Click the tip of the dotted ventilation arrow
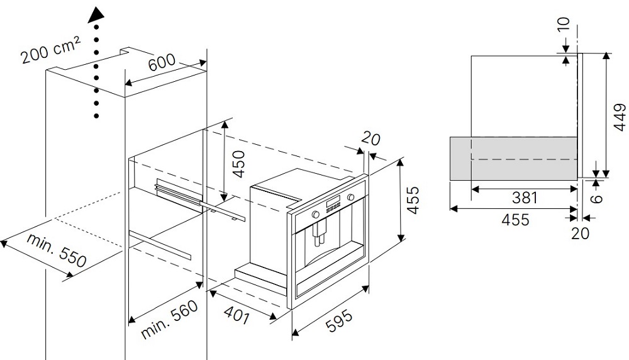point(96,6)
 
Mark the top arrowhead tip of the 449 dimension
point(606,53)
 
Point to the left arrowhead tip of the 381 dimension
point(471,188)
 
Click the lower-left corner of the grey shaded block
point(450,180)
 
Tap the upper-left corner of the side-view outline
point(471,56)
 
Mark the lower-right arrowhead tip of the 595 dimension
point(368,286)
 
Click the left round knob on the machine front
point(316,214)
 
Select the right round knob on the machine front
point(351,198)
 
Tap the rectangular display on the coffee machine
point(333,201)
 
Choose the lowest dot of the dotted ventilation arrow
point(96,116)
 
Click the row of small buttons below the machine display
point(333,206)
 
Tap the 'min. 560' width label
point(170,319)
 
